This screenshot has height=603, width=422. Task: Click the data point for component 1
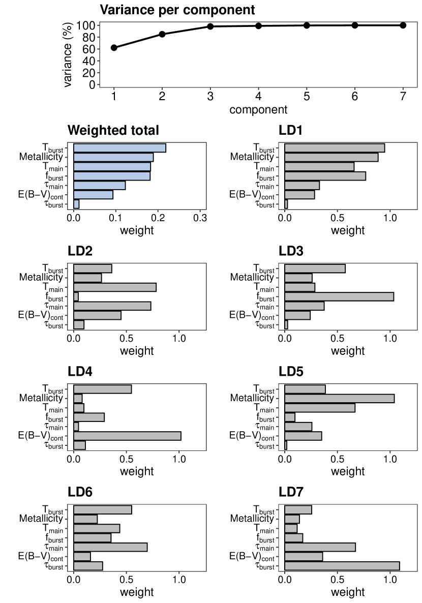114,48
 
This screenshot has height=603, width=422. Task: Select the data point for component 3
210,26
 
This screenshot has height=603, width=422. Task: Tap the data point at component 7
403,25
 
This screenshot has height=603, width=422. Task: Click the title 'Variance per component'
177,10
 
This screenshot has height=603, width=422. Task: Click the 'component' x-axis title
258,109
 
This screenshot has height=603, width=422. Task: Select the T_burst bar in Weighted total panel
120,148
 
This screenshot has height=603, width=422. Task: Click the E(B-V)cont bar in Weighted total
94,195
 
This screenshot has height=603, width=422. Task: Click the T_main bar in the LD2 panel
115,287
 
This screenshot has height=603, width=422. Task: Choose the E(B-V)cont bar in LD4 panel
127,436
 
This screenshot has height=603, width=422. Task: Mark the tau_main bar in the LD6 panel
110,547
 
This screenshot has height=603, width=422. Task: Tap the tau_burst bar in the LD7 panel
342,566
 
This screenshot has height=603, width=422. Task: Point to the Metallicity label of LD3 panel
252,278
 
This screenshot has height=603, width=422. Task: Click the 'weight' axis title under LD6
137,592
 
